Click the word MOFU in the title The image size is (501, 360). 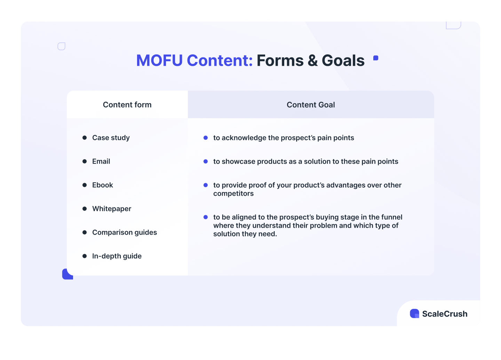tap(159, 61)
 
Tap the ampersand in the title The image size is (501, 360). tap(313, 61)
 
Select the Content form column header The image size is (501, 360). tap(127, 105)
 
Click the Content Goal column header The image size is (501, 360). tap(311, 105)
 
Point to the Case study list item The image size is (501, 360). tap(111, 138)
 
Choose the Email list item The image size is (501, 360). tap(101, 162)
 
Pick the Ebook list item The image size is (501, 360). tap(103, 185)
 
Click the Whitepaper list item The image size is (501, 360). tap(112, 209)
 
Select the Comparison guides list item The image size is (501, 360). tap(125, 233)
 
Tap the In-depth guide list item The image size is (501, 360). tap(117, 256)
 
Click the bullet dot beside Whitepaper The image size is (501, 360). tap(85, 209)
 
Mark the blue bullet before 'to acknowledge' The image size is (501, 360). tap(206, 138)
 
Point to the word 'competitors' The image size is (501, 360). tap(233, 194)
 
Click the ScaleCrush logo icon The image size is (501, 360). tap(414, 313)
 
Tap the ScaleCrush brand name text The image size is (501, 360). tap(445, 314)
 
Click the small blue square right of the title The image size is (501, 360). tap(376, 58)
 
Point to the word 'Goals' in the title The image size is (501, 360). tap(343, 61)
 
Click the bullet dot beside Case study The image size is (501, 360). tap(85, 138)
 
